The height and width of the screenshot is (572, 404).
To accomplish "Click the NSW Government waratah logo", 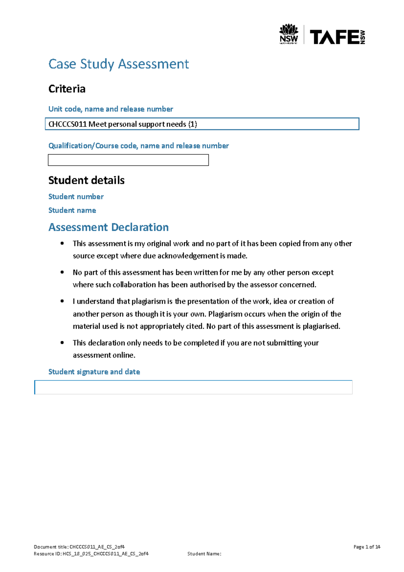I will pos(289,34).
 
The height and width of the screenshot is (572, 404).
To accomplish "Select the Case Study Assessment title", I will pos(119,64).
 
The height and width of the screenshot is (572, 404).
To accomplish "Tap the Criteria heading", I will pos(67,89).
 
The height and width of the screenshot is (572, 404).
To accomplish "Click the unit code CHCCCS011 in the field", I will pos(68,124).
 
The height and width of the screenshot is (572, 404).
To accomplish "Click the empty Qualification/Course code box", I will pos(128,160).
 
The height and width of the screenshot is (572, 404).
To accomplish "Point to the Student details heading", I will pos(86,180).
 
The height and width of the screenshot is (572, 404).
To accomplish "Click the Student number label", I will pos(76,196).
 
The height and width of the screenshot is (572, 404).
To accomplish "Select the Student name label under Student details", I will pos(72,210).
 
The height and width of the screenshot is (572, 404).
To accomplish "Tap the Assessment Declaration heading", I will pos(108,227).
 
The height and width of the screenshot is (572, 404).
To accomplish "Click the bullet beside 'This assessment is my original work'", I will pos(62,243).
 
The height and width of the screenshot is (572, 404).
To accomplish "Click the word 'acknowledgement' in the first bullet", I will pos(188,256).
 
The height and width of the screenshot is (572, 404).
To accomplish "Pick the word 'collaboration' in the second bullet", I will pos(134,285).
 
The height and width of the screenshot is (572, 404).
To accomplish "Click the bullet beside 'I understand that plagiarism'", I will pos(62,301).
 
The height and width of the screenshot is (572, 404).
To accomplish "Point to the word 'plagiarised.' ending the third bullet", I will pos(321,326).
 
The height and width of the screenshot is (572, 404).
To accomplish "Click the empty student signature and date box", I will pos(193,387).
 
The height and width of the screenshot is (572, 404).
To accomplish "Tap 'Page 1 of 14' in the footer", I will pos(367,547).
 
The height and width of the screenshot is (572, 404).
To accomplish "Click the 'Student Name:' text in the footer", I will pos(204,553).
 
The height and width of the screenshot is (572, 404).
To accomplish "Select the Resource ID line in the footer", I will pos(91,553).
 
